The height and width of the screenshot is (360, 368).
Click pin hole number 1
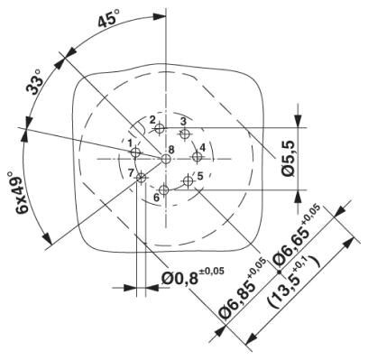135,152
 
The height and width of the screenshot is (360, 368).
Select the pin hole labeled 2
160,129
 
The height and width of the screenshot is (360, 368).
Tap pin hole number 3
185,134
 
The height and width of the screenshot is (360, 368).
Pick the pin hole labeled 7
141,178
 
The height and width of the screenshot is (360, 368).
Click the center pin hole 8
166,159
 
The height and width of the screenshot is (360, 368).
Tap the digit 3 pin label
182,120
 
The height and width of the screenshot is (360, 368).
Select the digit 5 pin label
200,175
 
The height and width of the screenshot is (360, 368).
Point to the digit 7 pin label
131,171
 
